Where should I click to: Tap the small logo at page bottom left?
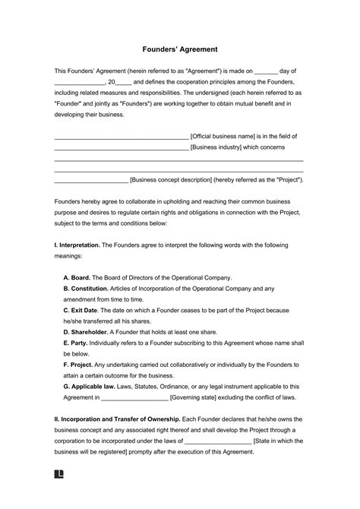coord(58,493)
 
